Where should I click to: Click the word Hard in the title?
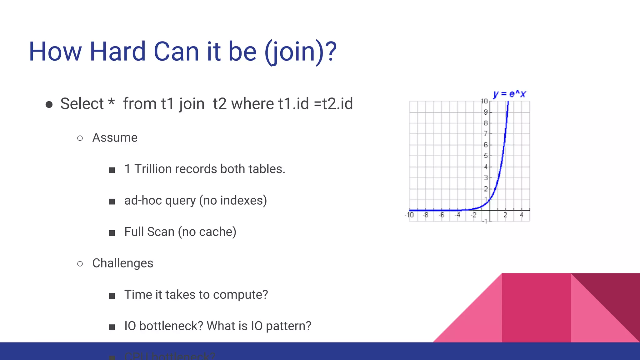[x=117, y=52]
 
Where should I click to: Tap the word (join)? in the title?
[x=300, y=52]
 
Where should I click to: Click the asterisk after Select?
[x=111, y=102]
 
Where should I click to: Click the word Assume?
[x=115, y=138]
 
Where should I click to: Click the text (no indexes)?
[x=233, y=201]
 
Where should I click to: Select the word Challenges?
[x=122, y=263]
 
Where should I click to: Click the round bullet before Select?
[x=49, y=104]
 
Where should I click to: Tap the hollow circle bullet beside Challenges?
[x=80, y=264]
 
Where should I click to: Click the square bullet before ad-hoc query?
[x=112, y=202]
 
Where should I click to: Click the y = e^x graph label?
[x=509, y=94]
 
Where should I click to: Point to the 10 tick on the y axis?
[x=484, y=101]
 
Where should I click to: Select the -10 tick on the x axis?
[x=409, y=215]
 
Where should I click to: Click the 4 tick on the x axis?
[x=521, y=215]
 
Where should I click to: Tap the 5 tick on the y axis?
[x=486, y=156]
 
